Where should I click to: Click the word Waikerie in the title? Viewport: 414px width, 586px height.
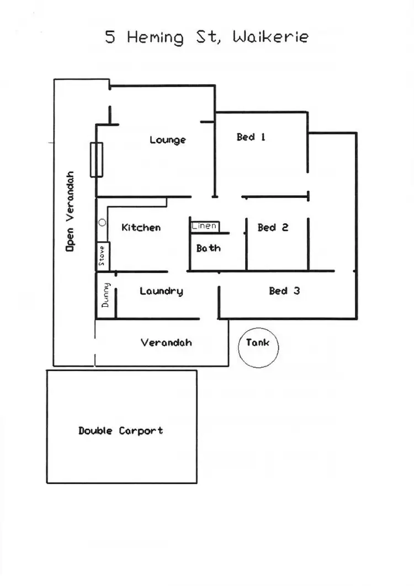point(270,37)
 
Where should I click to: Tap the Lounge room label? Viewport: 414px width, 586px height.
point(167,140)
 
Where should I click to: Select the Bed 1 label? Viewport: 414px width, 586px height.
point(251,137)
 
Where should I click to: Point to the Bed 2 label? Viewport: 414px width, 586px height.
point(273,227)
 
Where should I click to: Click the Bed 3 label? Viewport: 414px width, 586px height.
point(284,291)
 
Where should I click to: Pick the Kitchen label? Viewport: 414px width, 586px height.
point(141,227)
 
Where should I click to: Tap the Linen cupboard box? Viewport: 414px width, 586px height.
point(205,226)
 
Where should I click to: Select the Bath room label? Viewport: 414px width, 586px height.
point(208,248)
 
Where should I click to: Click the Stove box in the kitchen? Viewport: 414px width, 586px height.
point(103,257)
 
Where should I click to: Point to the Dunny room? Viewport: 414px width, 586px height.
point(106,295)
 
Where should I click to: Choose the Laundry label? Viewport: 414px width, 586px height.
point(161,291)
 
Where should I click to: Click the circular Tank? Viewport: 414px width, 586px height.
point(258,347)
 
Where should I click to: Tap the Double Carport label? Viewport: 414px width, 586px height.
point(120,430)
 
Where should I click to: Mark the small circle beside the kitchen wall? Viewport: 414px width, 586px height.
point(102,222)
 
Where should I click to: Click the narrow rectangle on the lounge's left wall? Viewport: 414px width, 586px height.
point(96,159)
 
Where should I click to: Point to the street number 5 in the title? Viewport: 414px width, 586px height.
point(110,37)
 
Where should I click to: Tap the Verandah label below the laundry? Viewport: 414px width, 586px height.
point(166,342)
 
